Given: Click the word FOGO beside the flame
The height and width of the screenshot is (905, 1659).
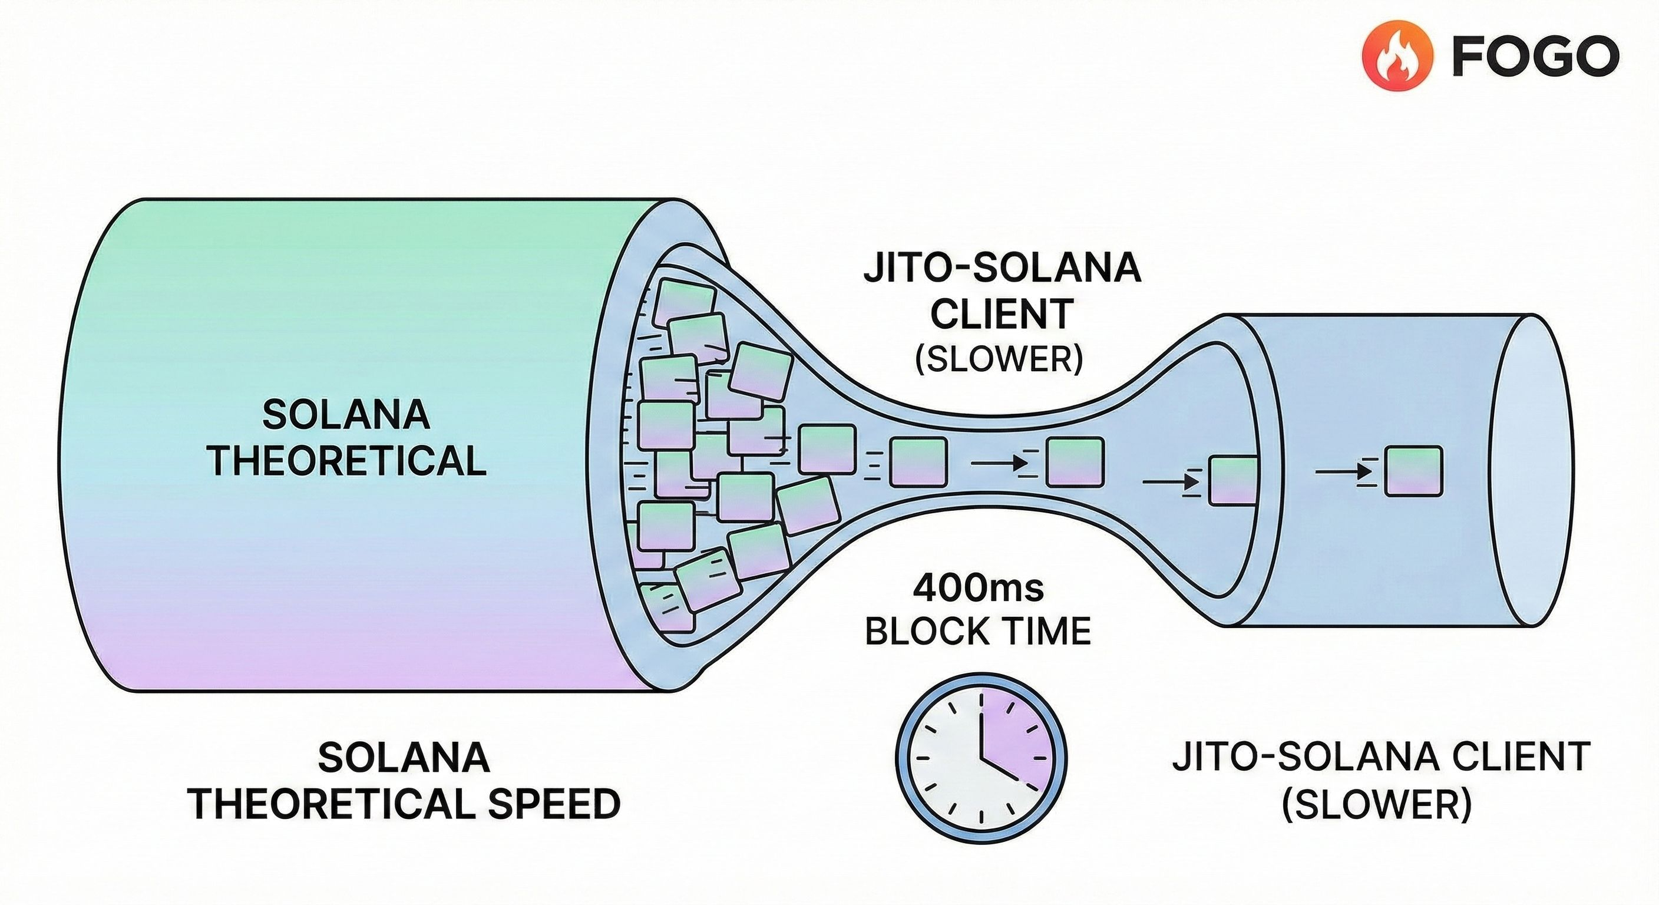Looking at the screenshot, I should (x=1535, y=57).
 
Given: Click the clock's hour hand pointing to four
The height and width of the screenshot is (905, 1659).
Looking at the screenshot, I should (x=1000, y=771).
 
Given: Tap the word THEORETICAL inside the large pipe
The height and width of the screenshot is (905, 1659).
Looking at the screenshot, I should (x=346, y=461).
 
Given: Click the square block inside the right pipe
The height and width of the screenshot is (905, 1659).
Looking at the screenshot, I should (x=1414, y=471).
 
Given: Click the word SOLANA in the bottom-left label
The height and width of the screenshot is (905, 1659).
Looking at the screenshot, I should (x=404, y=758).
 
